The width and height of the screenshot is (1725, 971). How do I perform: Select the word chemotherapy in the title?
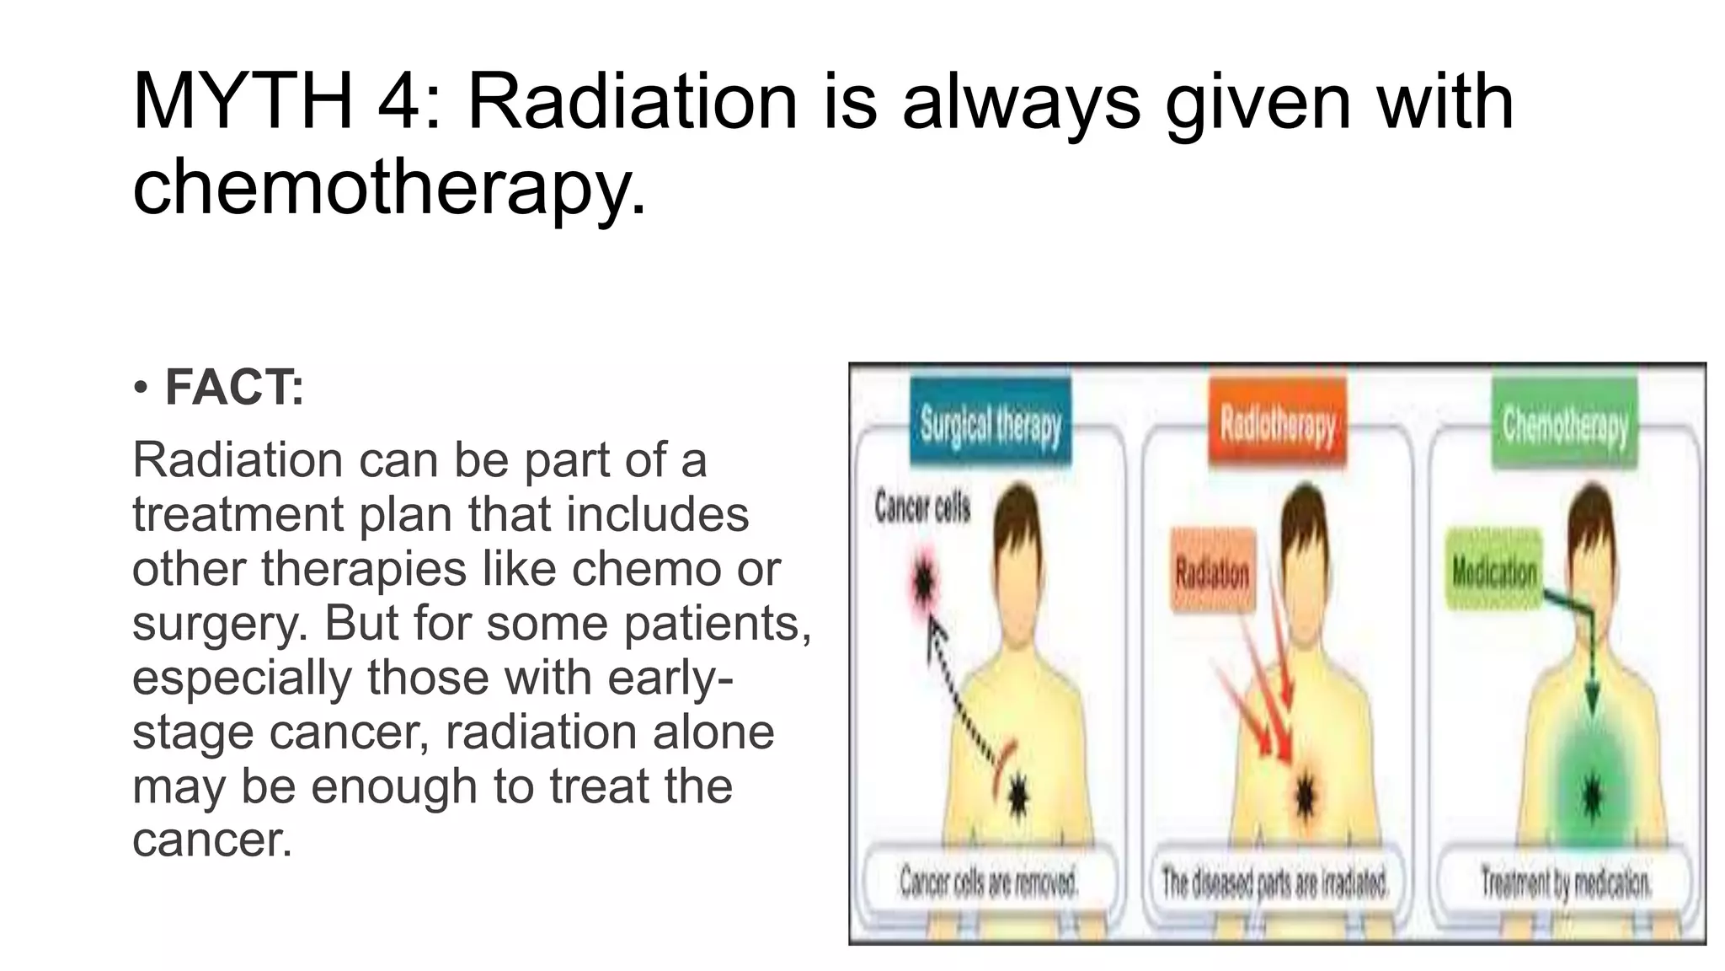(389, 187)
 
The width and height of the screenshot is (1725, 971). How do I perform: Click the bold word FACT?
(233, 388)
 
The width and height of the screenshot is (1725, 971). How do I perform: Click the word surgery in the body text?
(220, 624)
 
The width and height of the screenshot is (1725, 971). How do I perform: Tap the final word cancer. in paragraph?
(212, 840)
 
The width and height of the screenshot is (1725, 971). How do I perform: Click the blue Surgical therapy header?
(990, 424)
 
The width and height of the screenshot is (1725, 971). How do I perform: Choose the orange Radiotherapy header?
(1278, 424)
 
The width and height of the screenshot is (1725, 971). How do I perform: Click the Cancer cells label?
(922, 507)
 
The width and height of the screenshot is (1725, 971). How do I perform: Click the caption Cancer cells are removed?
(989, 882)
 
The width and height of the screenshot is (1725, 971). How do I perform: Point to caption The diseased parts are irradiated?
(1274, 882)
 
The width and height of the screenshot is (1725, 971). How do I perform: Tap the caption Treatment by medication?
(1565, 882)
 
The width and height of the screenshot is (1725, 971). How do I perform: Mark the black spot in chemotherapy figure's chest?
(1591, 795)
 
